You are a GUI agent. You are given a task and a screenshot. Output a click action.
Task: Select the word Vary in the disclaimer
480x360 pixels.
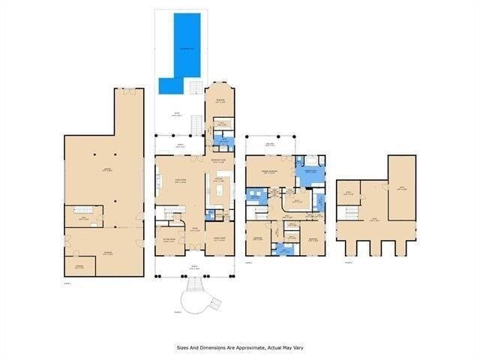click(298, 347)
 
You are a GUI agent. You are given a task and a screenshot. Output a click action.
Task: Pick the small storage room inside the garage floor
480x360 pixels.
click(79, 265)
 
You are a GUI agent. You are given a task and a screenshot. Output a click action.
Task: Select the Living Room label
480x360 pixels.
click(181, 182)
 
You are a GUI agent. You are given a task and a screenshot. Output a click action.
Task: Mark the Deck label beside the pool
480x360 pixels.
click(177, 114)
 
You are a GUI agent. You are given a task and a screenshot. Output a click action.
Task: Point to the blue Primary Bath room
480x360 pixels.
click(310, 172)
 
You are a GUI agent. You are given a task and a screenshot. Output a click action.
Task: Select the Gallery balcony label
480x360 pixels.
click(271, 144)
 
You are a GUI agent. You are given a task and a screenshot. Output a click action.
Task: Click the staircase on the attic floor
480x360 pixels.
click(350, 213)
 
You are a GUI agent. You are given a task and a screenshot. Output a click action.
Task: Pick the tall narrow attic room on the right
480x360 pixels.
click(401, 187)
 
